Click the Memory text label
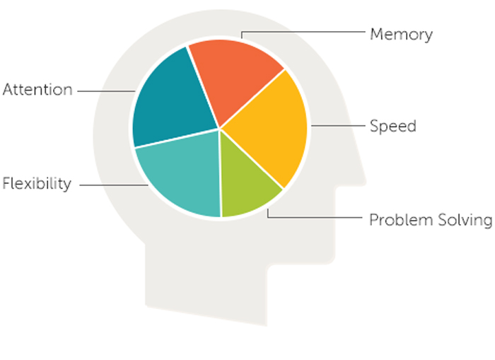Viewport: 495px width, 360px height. [x=401, y=34]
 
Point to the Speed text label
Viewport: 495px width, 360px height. [x=393, y=127]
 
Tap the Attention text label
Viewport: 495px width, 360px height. [x=37, y=90]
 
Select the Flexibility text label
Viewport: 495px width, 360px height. [x=37, y=184]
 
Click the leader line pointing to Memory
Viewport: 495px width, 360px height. [x=304, y=33]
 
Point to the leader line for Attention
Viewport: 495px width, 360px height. [x=106, y=91]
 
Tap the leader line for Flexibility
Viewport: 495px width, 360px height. [x=113, y=185]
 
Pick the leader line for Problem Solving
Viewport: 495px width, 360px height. [x=318, y=218]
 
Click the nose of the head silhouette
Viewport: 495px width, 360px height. [x=361, y=177]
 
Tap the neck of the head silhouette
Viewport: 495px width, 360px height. [x=205, y=283]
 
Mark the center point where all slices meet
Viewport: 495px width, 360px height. [x=220, y=129]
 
